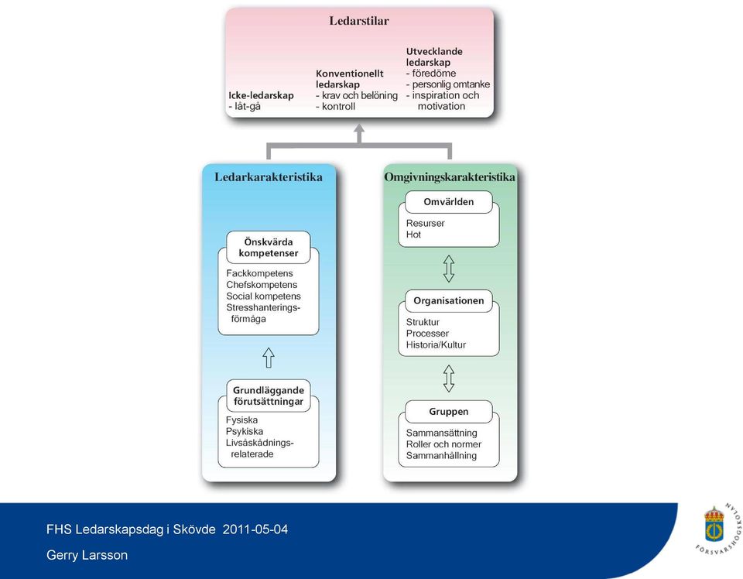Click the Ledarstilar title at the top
tap(358, 21)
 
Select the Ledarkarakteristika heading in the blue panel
tap(269, 177)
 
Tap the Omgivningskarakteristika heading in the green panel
tap(449, 177)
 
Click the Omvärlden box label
tap(449, 202)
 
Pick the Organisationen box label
tap(449, 301)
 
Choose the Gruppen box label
tap(449, 412)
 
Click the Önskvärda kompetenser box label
tap(269, 248)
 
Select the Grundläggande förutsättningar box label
tap(269, 396)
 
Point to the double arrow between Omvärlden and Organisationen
tap(449, 269)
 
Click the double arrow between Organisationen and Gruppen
tap(449, 379)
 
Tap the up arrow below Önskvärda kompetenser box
tap(269, 358)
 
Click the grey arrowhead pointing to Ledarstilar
tap(359, 128)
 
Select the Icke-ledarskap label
tap(261, 96)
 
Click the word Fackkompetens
tap(260, 273)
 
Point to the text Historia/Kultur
tap(436, 345)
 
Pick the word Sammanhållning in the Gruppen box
tap(441, 456)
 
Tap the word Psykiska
tap(245, 432)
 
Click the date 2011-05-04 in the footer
tap(255, 529)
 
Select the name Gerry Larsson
tap(87, 555)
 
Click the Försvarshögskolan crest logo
tap(714, 525)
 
